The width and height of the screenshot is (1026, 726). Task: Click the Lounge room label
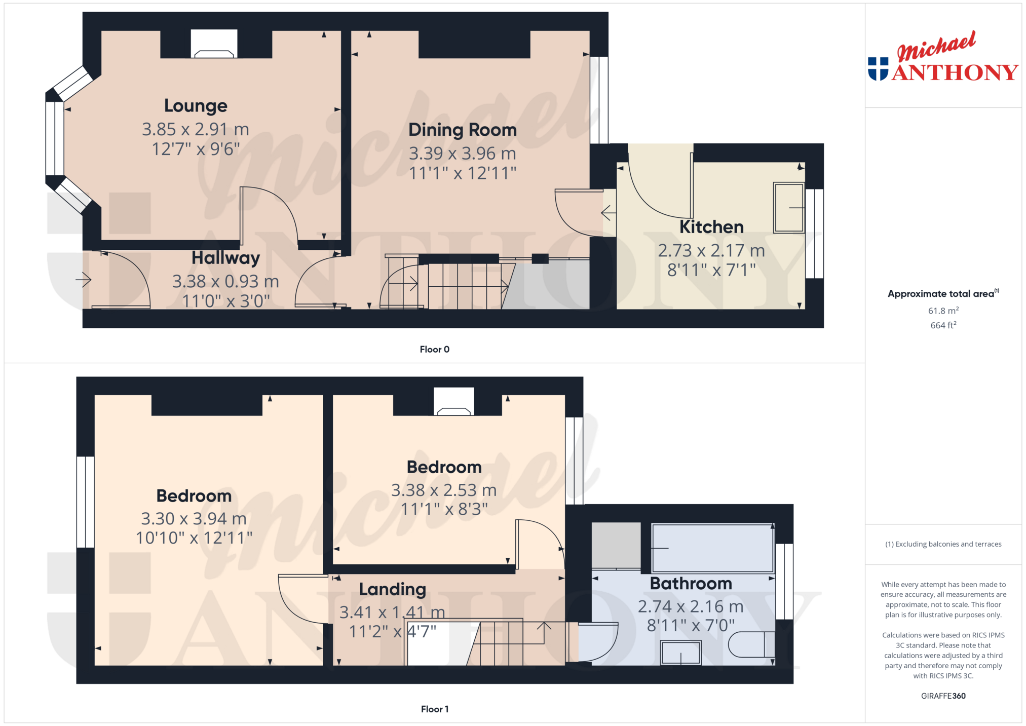196,106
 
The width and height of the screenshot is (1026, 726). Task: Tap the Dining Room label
463,130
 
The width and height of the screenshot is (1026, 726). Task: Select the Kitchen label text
711,227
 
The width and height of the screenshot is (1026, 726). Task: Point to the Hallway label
225,258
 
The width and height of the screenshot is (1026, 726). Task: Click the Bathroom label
691,584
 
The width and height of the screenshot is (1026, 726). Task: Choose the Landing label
393,589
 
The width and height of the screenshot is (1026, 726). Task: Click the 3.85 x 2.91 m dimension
196,129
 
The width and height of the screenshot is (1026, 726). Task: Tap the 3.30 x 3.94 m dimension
194,519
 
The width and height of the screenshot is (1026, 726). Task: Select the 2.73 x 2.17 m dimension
711,250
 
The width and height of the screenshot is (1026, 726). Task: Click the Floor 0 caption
435,350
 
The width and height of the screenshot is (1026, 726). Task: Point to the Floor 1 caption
435,709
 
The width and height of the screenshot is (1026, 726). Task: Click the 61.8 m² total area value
943,311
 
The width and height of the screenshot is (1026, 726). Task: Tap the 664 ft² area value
943,325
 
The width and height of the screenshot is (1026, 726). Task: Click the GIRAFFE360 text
943,696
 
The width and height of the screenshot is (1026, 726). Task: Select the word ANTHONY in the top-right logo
955,72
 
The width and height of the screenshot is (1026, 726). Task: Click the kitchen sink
789,208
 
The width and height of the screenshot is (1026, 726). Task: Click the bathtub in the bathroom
713,548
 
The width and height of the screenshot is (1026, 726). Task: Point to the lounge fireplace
214,44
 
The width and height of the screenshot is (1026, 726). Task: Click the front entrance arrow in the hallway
84,279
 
